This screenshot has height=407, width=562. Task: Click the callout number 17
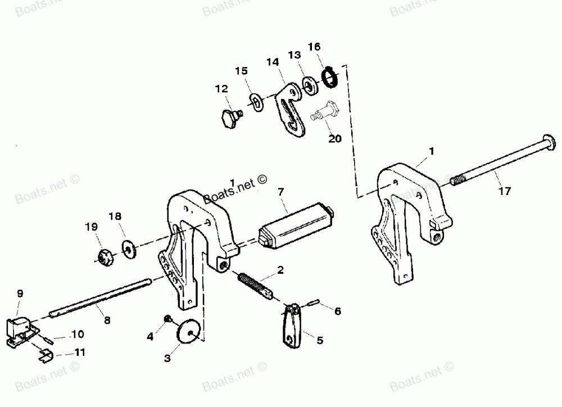coord(504,191)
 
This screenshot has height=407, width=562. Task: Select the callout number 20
coord(334,139)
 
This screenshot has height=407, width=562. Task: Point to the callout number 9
coord(20,293)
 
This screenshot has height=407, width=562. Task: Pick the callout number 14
coord(273,63)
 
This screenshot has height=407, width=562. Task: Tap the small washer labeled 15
coord(257,102)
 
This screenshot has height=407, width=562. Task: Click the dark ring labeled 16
coord(328,77)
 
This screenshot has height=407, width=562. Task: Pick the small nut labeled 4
coord(167,320)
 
